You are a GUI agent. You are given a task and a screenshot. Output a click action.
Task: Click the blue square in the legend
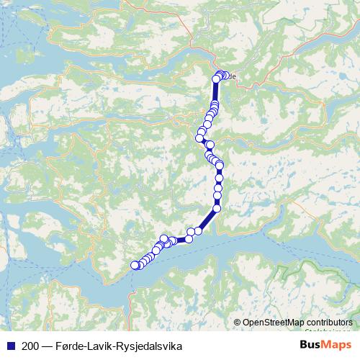(x=8, y=346)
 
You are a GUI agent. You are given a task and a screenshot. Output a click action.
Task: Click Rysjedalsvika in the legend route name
(x=153, y=346)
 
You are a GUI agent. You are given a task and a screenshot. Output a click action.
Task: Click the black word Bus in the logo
(x=311, y=346)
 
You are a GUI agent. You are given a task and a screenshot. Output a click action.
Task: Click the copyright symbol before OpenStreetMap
(x=237, y=323)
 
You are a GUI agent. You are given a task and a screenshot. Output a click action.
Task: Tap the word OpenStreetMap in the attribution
(x=272, y=323)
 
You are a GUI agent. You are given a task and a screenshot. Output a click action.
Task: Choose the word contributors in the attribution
(x=329, y=323)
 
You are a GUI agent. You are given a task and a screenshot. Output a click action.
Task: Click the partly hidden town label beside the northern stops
(x=232, y=76)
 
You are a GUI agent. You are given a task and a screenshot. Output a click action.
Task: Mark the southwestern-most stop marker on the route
(x=133, y=265)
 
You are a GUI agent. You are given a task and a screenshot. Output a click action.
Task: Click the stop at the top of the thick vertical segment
(x=216, y=78)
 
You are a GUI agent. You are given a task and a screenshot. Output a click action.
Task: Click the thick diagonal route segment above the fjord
(x=207, y=220)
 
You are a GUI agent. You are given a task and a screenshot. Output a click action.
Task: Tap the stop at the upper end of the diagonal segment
(x=217, y=209)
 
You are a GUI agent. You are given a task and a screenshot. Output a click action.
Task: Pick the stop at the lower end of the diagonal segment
(x=198, y=230)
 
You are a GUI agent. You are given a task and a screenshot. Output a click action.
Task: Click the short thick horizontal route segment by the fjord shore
(x=181, y=240)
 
